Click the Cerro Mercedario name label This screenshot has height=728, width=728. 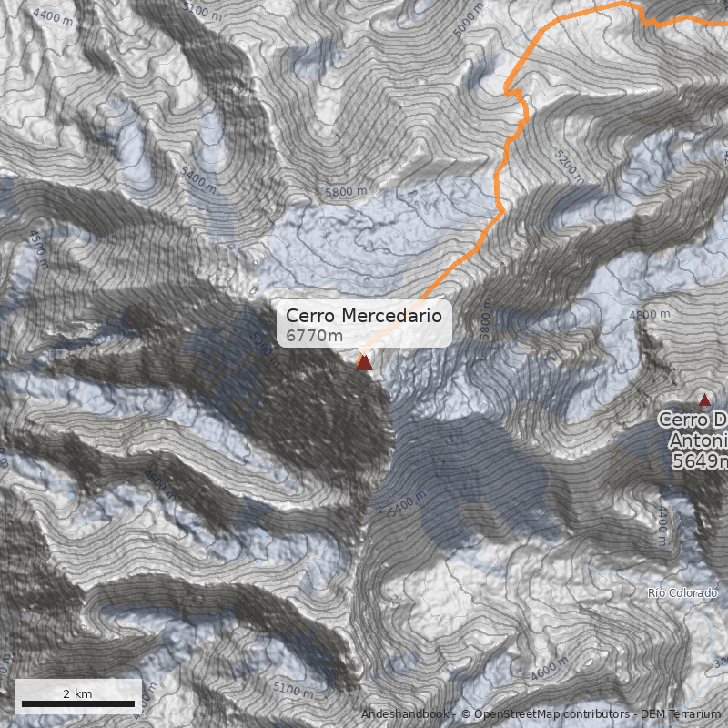(364, 316)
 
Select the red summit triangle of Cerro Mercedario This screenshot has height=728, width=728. (365, 362)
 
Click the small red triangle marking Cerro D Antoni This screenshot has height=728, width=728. (703, 399)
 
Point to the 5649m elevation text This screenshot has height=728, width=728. (701, 462)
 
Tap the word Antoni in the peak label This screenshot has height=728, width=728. (699, 440)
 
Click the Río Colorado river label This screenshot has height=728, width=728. (682, 593)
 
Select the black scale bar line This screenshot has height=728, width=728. (77, 704)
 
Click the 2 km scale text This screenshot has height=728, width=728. (77, 693)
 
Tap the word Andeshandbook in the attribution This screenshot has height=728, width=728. (404, 714)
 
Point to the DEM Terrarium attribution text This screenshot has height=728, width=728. (681, 714)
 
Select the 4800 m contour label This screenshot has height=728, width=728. (649, 314)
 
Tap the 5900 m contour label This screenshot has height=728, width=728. (262, 348)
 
